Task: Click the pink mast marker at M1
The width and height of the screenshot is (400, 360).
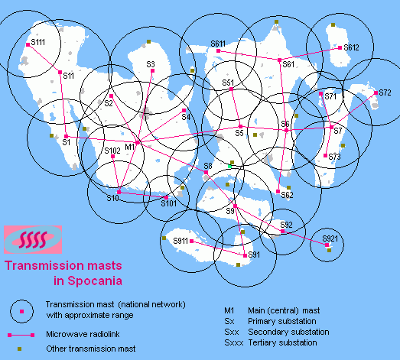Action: coord(137,142)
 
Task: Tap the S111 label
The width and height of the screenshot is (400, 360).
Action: coord(38,42)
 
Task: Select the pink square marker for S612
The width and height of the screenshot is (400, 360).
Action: coord(340,47)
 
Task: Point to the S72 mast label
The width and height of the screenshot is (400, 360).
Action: coord(385,92)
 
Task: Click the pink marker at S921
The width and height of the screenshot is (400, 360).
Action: coord(327,245)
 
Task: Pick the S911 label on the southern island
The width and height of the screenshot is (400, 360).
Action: coord(180,241)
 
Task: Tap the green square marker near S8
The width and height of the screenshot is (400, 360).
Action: coord(229,166)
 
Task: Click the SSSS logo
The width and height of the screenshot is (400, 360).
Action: coord(33,240)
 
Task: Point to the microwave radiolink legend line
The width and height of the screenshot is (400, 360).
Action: coord(21,335)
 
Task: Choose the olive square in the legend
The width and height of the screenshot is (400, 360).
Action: coord(19,349)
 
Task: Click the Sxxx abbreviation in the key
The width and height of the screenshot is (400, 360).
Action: coord(234,342)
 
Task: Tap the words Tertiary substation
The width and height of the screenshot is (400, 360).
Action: coord(282,342)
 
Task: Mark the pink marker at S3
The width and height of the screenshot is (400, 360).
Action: coord(152,70)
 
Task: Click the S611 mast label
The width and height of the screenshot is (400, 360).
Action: coord(218,44)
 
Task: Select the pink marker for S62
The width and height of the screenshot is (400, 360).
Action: coord(278,192)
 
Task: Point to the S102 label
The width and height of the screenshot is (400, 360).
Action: coord(112,151)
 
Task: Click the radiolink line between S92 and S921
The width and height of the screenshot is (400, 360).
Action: coord(304,238)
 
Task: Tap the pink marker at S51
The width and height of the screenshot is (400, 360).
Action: coord(231,89)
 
